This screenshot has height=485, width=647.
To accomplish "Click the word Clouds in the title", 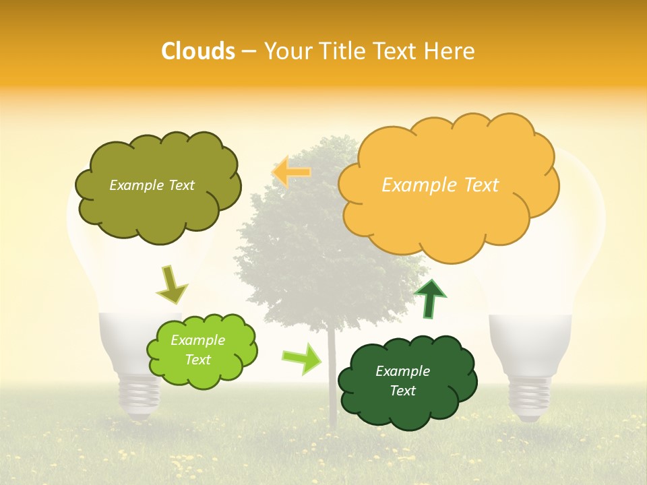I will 198,51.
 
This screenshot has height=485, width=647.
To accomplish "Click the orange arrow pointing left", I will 291,172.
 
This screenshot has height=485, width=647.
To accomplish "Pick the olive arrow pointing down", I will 172,285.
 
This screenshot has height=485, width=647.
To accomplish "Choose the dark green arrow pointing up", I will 429,298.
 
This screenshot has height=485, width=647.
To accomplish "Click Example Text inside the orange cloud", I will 440,185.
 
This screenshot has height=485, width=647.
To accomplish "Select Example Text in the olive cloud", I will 152,185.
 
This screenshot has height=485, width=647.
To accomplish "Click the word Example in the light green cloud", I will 197,340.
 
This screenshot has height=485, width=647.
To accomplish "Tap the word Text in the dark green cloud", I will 402,391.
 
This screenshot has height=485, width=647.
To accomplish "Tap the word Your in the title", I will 284,51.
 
